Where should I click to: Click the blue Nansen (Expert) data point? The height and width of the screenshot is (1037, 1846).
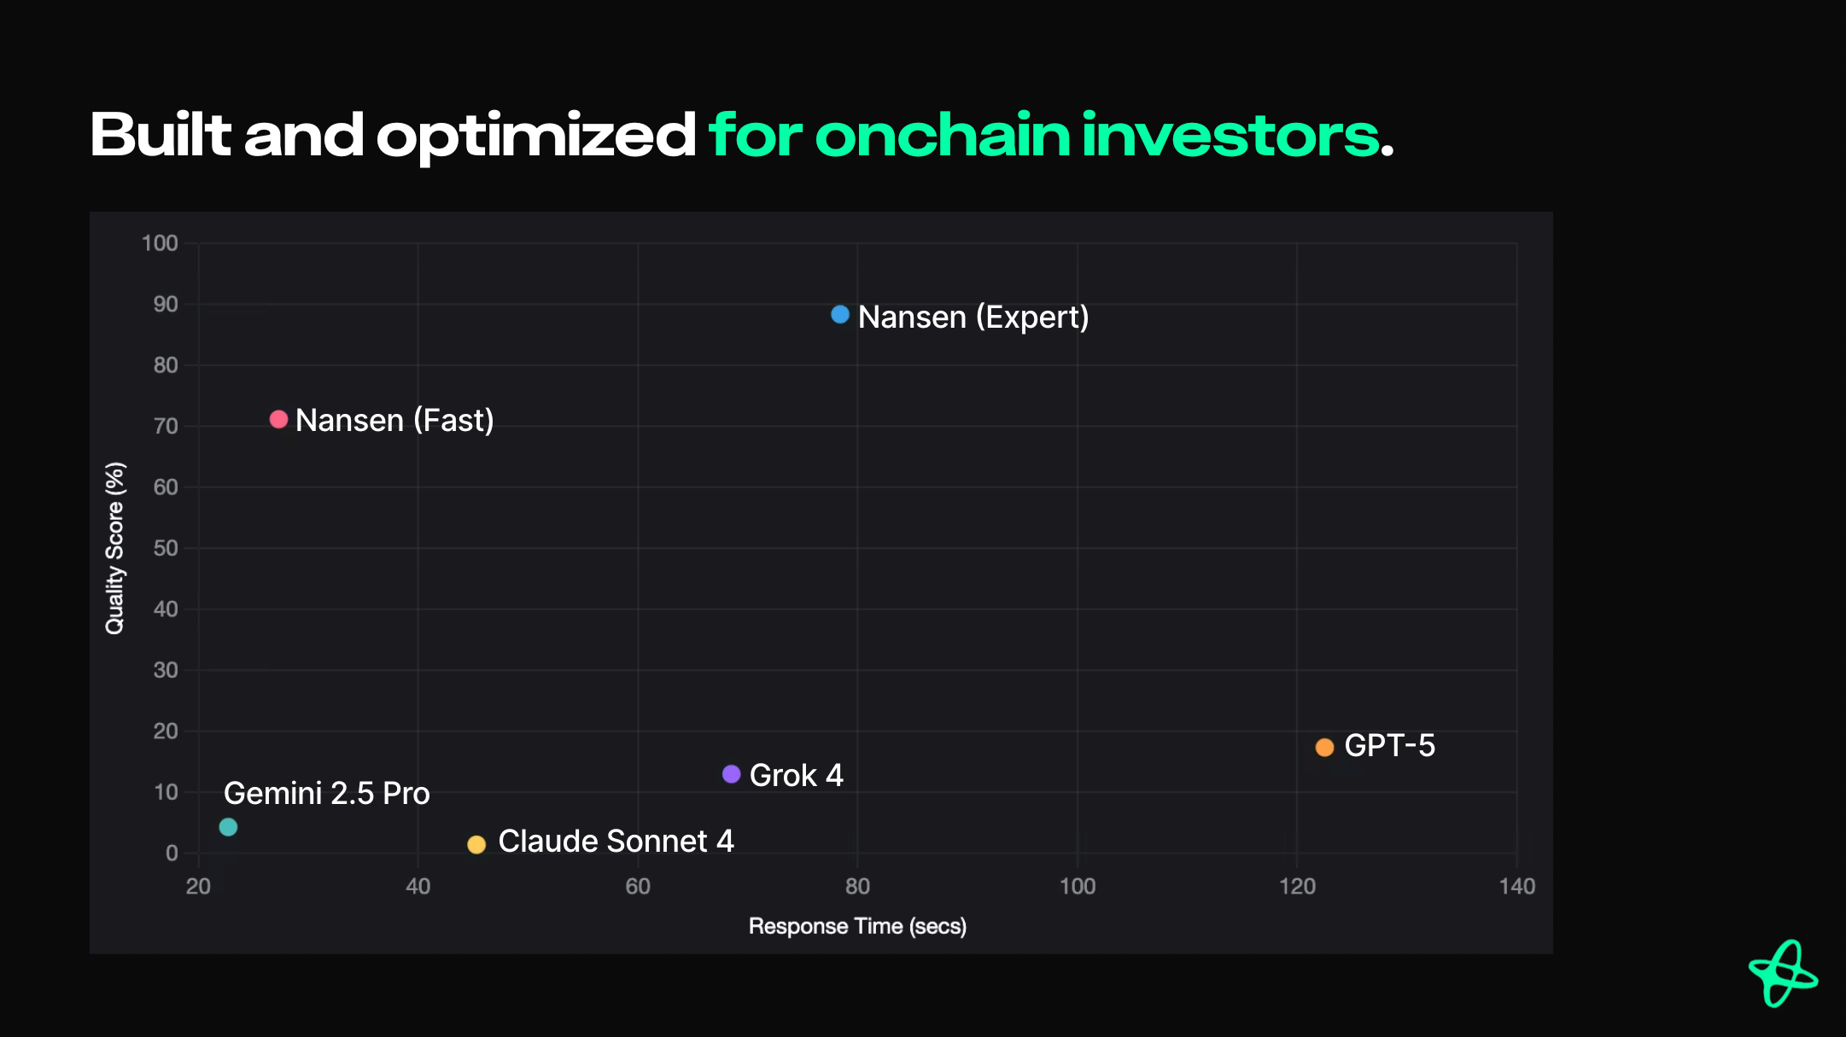840,315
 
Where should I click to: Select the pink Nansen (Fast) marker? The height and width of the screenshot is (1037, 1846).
278,419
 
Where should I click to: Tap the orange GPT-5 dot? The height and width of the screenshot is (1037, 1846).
1324,748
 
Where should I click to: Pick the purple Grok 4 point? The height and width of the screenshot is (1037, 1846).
731,774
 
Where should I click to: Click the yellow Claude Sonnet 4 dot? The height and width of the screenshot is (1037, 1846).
476,845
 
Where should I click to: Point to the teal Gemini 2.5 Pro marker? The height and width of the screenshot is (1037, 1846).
228,827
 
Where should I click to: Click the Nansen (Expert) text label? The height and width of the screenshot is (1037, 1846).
973,318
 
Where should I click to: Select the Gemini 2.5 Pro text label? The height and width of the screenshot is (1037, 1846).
326,794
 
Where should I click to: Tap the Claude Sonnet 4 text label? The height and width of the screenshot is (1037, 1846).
616,842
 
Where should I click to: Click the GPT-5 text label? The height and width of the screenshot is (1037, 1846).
1389,746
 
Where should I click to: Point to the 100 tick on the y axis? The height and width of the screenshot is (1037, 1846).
160,243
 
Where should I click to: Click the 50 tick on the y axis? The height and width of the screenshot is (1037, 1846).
166,548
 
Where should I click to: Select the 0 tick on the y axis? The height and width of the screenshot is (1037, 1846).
172,853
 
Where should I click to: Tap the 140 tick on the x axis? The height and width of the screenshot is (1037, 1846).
1516,887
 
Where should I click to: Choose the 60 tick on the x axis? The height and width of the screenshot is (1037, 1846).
638,887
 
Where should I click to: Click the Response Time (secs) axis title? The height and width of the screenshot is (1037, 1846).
857,927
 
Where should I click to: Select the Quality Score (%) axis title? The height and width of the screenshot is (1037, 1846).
115,548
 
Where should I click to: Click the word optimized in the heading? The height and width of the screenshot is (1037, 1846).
536,137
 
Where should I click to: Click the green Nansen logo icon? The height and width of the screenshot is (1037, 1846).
1783,974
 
